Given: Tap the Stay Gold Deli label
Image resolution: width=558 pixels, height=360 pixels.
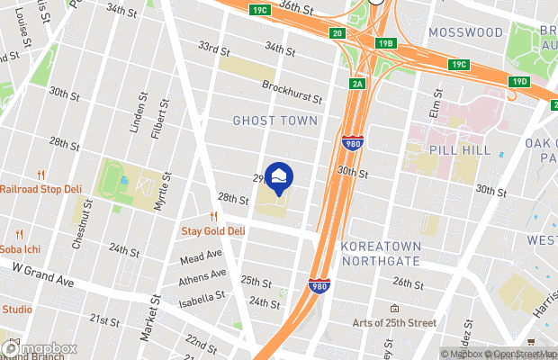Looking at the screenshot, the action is [x=214, y=230].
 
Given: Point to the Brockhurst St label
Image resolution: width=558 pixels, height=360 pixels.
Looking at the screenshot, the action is [x=292, y=86].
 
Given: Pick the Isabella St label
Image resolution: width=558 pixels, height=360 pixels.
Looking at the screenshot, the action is [x=202, y=296].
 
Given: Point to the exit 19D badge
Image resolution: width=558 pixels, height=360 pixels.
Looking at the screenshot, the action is [x=519, y=82].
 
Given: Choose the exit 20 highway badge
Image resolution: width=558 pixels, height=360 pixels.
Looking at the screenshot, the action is [x=337, y=33].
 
